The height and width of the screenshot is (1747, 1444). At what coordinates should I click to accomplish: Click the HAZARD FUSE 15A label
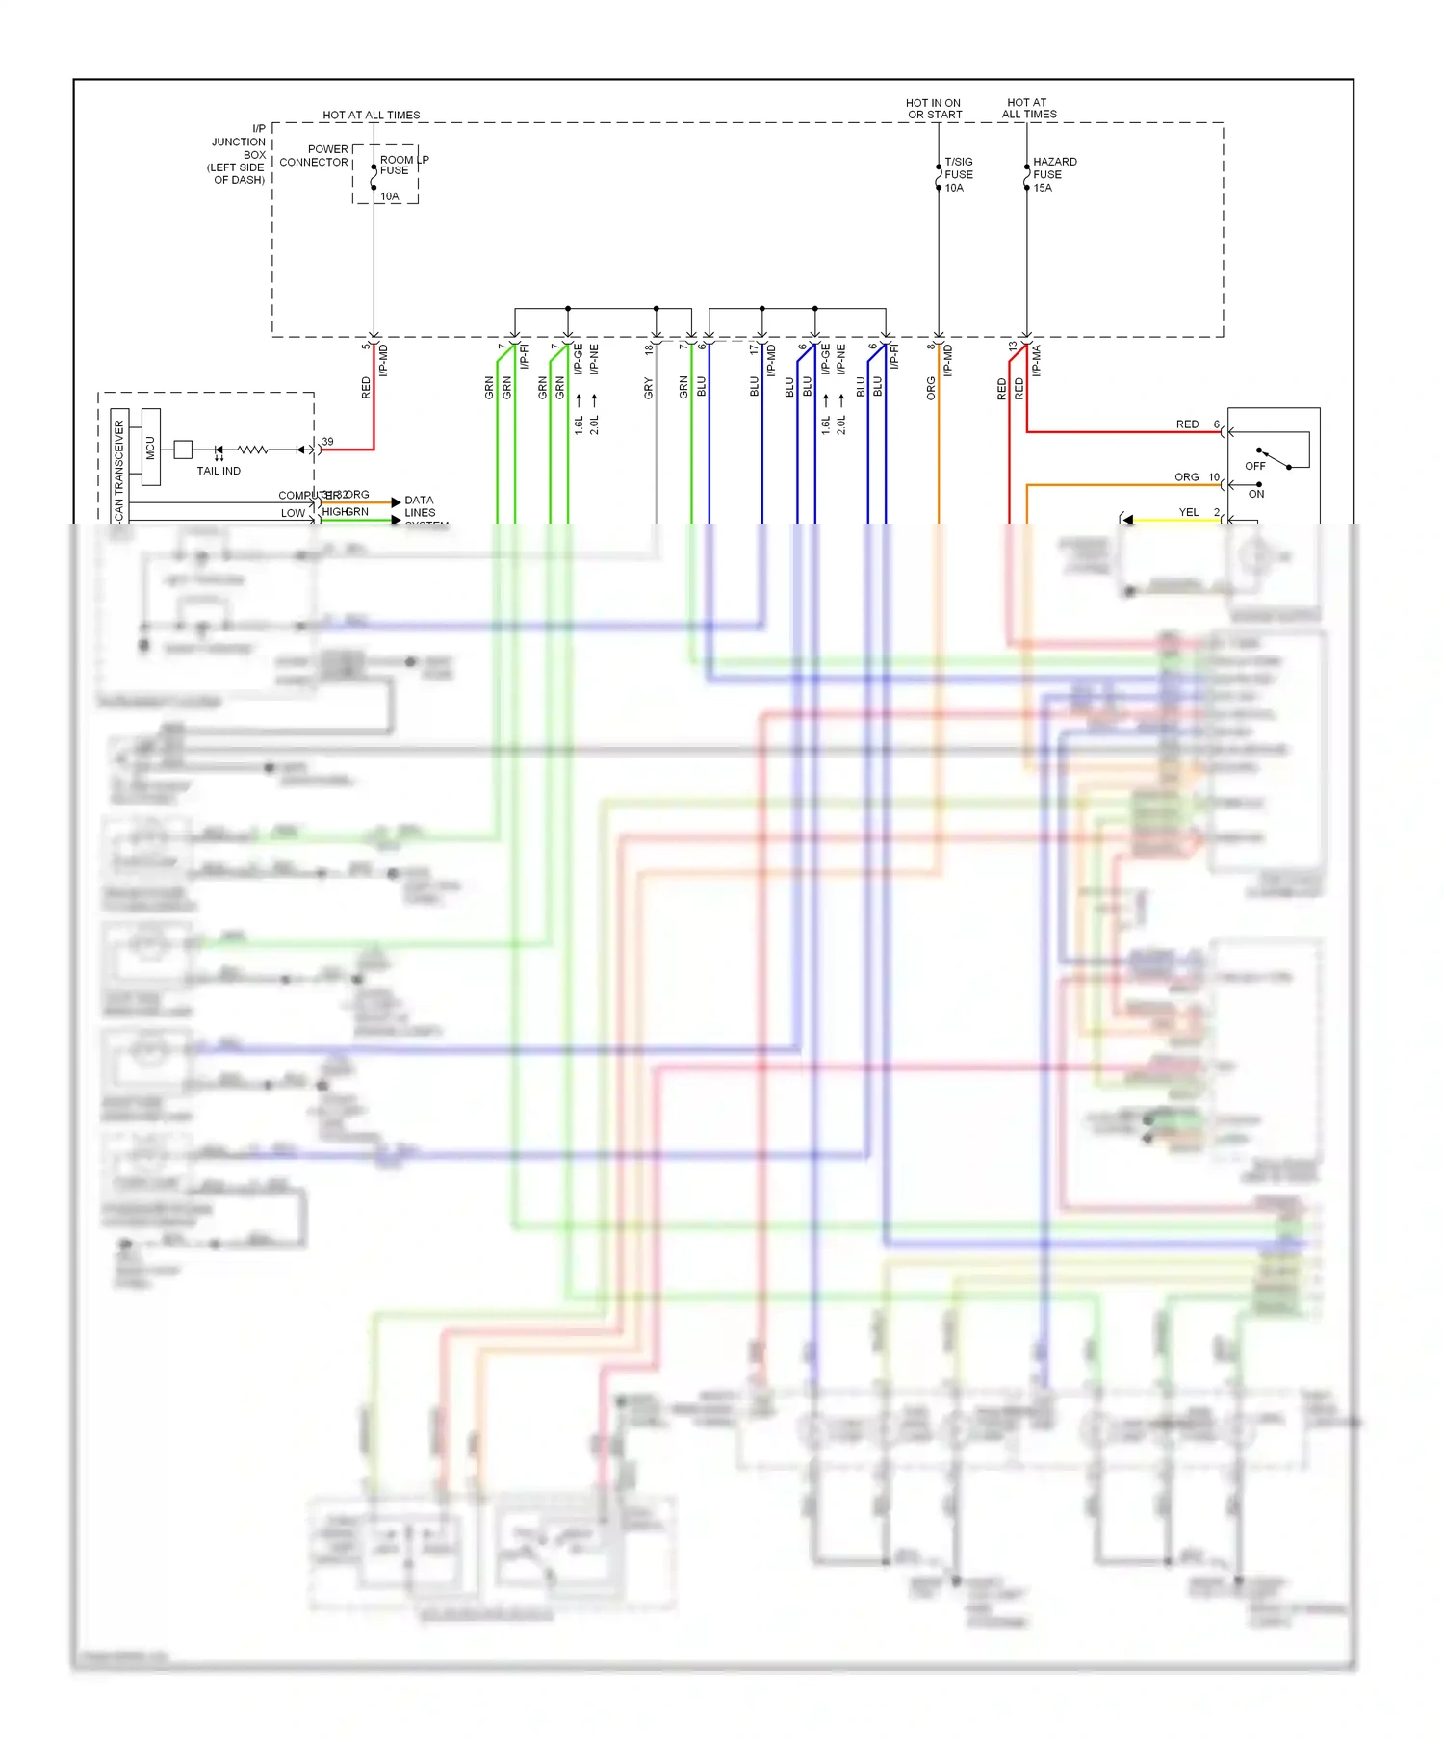pos(1053,174)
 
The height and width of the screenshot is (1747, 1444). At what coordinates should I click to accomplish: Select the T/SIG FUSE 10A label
pos(958,174)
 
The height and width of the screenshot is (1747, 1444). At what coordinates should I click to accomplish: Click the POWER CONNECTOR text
pos(315,156)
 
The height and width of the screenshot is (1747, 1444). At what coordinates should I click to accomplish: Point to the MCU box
pos(150,447)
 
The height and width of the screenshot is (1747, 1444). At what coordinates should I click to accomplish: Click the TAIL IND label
pos(219,471)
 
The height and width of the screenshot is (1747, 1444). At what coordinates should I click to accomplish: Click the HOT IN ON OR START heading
pos(934,109)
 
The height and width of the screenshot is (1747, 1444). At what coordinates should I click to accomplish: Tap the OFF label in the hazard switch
pos(1255,466)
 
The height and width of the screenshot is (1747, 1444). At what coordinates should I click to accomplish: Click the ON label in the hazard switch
pos(1256,494)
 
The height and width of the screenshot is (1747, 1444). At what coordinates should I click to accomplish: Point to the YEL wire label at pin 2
pos(1189,512)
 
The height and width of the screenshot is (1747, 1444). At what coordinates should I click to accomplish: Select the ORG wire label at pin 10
pos(1186,477)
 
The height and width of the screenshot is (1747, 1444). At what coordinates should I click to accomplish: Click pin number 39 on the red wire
pos(327,442)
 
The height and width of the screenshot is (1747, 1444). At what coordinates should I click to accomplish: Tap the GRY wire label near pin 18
pos(648,389)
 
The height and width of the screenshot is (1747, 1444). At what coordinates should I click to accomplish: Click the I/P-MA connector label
pos(1037,361)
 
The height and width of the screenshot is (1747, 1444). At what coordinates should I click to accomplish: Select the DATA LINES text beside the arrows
pos(420,506)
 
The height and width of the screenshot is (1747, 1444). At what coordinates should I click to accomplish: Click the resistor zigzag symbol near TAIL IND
pos(252,450)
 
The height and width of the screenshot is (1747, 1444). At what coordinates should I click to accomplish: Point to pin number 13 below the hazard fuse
pos(1013,347)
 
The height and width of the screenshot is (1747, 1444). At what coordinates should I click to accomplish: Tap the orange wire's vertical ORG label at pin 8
pos(931,389)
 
